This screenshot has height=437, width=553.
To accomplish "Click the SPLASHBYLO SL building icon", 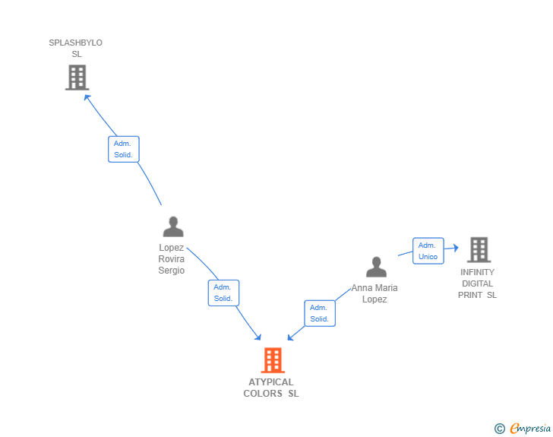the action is tap(77, 77).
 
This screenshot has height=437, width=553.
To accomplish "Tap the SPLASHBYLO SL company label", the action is tap(76, 48).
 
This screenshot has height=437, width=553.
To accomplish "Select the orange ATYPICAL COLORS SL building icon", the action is tap(273, 360).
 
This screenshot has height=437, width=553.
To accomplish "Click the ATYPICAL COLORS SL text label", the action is tap(271, 388).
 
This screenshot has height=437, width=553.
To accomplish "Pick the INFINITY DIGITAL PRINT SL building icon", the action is tap(479, 249).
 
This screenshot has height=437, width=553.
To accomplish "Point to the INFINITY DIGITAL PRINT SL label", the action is tap(477, 283).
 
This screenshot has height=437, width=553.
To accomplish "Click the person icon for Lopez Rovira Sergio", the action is tap(173, 226).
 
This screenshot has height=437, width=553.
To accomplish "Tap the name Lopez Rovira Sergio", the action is tap(172, 259).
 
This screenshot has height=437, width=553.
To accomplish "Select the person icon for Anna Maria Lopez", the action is tap(376, 267).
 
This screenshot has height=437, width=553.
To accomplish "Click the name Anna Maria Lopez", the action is tap(374, 293).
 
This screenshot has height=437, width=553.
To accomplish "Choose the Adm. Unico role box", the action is tap(428, 251).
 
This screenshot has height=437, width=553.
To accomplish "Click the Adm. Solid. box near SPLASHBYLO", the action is tap(123, 149).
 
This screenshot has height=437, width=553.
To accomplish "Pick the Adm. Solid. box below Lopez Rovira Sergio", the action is tap(223, 293).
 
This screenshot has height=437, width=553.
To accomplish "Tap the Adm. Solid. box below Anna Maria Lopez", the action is tap(320, 313).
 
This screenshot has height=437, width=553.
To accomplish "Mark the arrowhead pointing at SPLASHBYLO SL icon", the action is tap(87, 97).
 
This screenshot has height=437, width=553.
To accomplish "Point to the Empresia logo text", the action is tap(530, 429).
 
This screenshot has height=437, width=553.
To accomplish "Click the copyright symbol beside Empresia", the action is tap(499, 429).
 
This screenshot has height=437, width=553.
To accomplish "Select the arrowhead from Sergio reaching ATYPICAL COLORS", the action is tap(258, 337).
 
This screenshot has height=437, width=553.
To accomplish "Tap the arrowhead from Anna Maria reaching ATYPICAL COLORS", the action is tap(290, 337).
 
